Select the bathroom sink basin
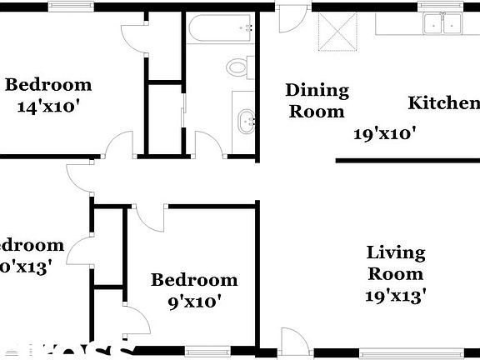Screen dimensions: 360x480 click(x=246, y=122)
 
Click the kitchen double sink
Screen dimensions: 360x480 click(x=442, y=25)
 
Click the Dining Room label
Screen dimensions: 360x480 click(x=315, y=100)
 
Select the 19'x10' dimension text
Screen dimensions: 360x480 click(x=384, y=132)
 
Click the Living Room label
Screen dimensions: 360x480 click(x=396, y=262)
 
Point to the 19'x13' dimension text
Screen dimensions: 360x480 click(x=396, y=294)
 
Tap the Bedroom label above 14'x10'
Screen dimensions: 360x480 click(x=48, y=84)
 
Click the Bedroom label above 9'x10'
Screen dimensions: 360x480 click(x=193, y=280)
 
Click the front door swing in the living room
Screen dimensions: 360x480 click(x=294, y=339)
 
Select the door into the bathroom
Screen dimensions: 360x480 click(x=207, y=142)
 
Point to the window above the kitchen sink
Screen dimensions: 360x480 click(x=441, y=7)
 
